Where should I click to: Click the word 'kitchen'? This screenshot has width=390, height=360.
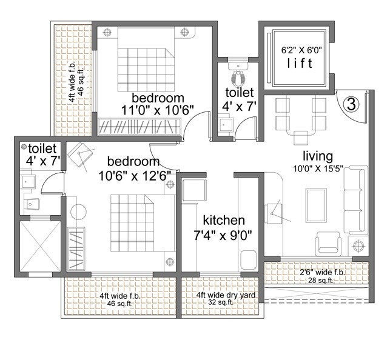[224, 220]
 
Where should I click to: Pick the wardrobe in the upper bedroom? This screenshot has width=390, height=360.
[140, 128]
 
